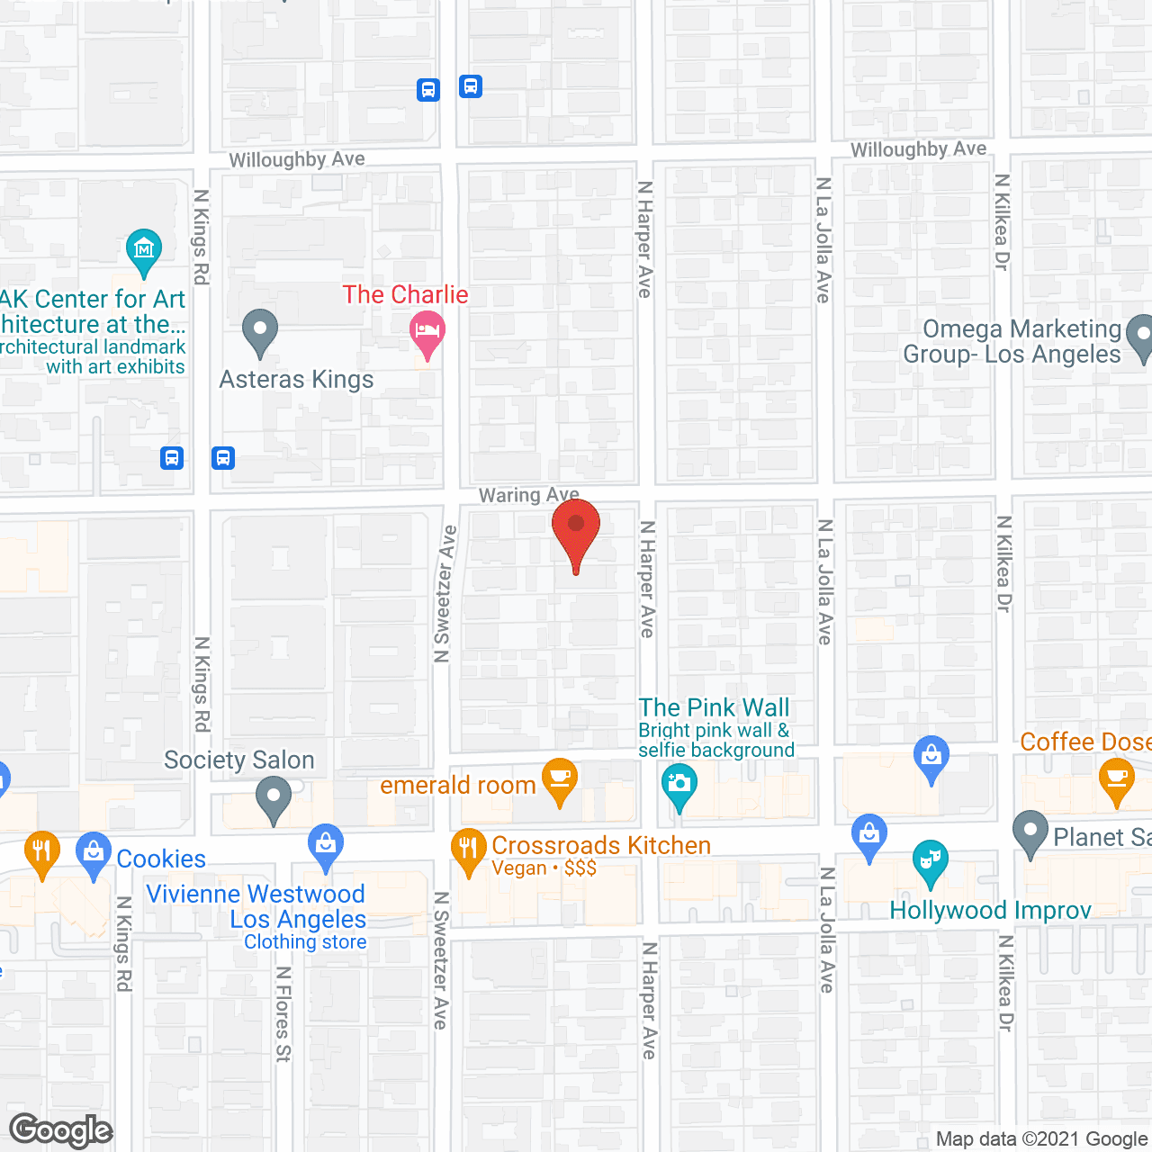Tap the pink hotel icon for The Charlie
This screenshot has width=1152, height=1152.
tap(427, 331)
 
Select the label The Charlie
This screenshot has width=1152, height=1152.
tap(405, 294)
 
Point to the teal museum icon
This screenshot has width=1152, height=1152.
tap(144, 250)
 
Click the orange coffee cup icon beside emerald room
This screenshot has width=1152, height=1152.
tap(560, 779)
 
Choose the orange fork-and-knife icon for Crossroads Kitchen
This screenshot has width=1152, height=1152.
tap(468, 849)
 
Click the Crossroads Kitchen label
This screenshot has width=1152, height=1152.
tap(601, 846)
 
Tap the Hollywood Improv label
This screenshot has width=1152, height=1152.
tap(990, 911)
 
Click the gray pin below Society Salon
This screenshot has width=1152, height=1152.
tap(274, 798)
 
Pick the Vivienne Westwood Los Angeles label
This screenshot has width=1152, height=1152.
tap(256, 907)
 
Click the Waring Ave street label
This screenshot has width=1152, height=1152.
tap(528, 495)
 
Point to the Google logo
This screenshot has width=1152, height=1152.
tap(61, 1130)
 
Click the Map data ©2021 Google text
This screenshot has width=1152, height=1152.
tap(1042, 1139)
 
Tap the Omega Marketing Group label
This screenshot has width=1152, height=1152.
tap(1012, 342)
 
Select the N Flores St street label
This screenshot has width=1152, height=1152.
tap(283, 1014)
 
